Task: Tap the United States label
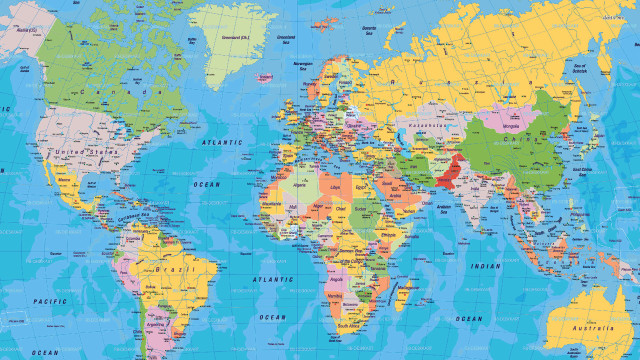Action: pos(82,151)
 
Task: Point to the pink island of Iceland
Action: pos(266,77)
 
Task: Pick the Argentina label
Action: pos(155,324)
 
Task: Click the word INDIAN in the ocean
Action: pos(486,266)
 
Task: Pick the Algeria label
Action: pos(299,184)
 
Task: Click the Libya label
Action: pos(335,185)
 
